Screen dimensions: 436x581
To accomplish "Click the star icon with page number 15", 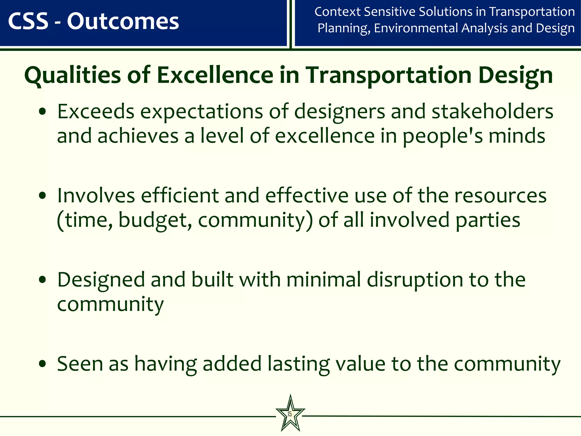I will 290,414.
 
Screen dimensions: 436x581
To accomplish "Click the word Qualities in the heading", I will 73,75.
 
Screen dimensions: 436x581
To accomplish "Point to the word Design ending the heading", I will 515,75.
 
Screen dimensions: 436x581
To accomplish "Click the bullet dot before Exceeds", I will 42,112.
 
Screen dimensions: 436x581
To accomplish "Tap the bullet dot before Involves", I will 42,196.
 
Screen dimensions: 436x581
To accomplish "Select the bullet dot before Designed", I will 42,280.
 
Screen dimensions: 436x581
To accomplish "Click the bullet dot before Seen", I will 42,364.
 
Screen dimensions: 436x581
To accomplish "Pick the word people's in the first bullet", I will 442,136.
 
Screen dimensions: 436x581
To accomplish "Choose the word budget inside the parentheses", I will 155,220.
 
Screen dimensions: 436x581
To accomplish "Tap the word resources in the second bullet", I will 500,196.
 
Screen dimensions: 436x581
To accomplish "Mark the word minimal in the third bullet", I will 323,280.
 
